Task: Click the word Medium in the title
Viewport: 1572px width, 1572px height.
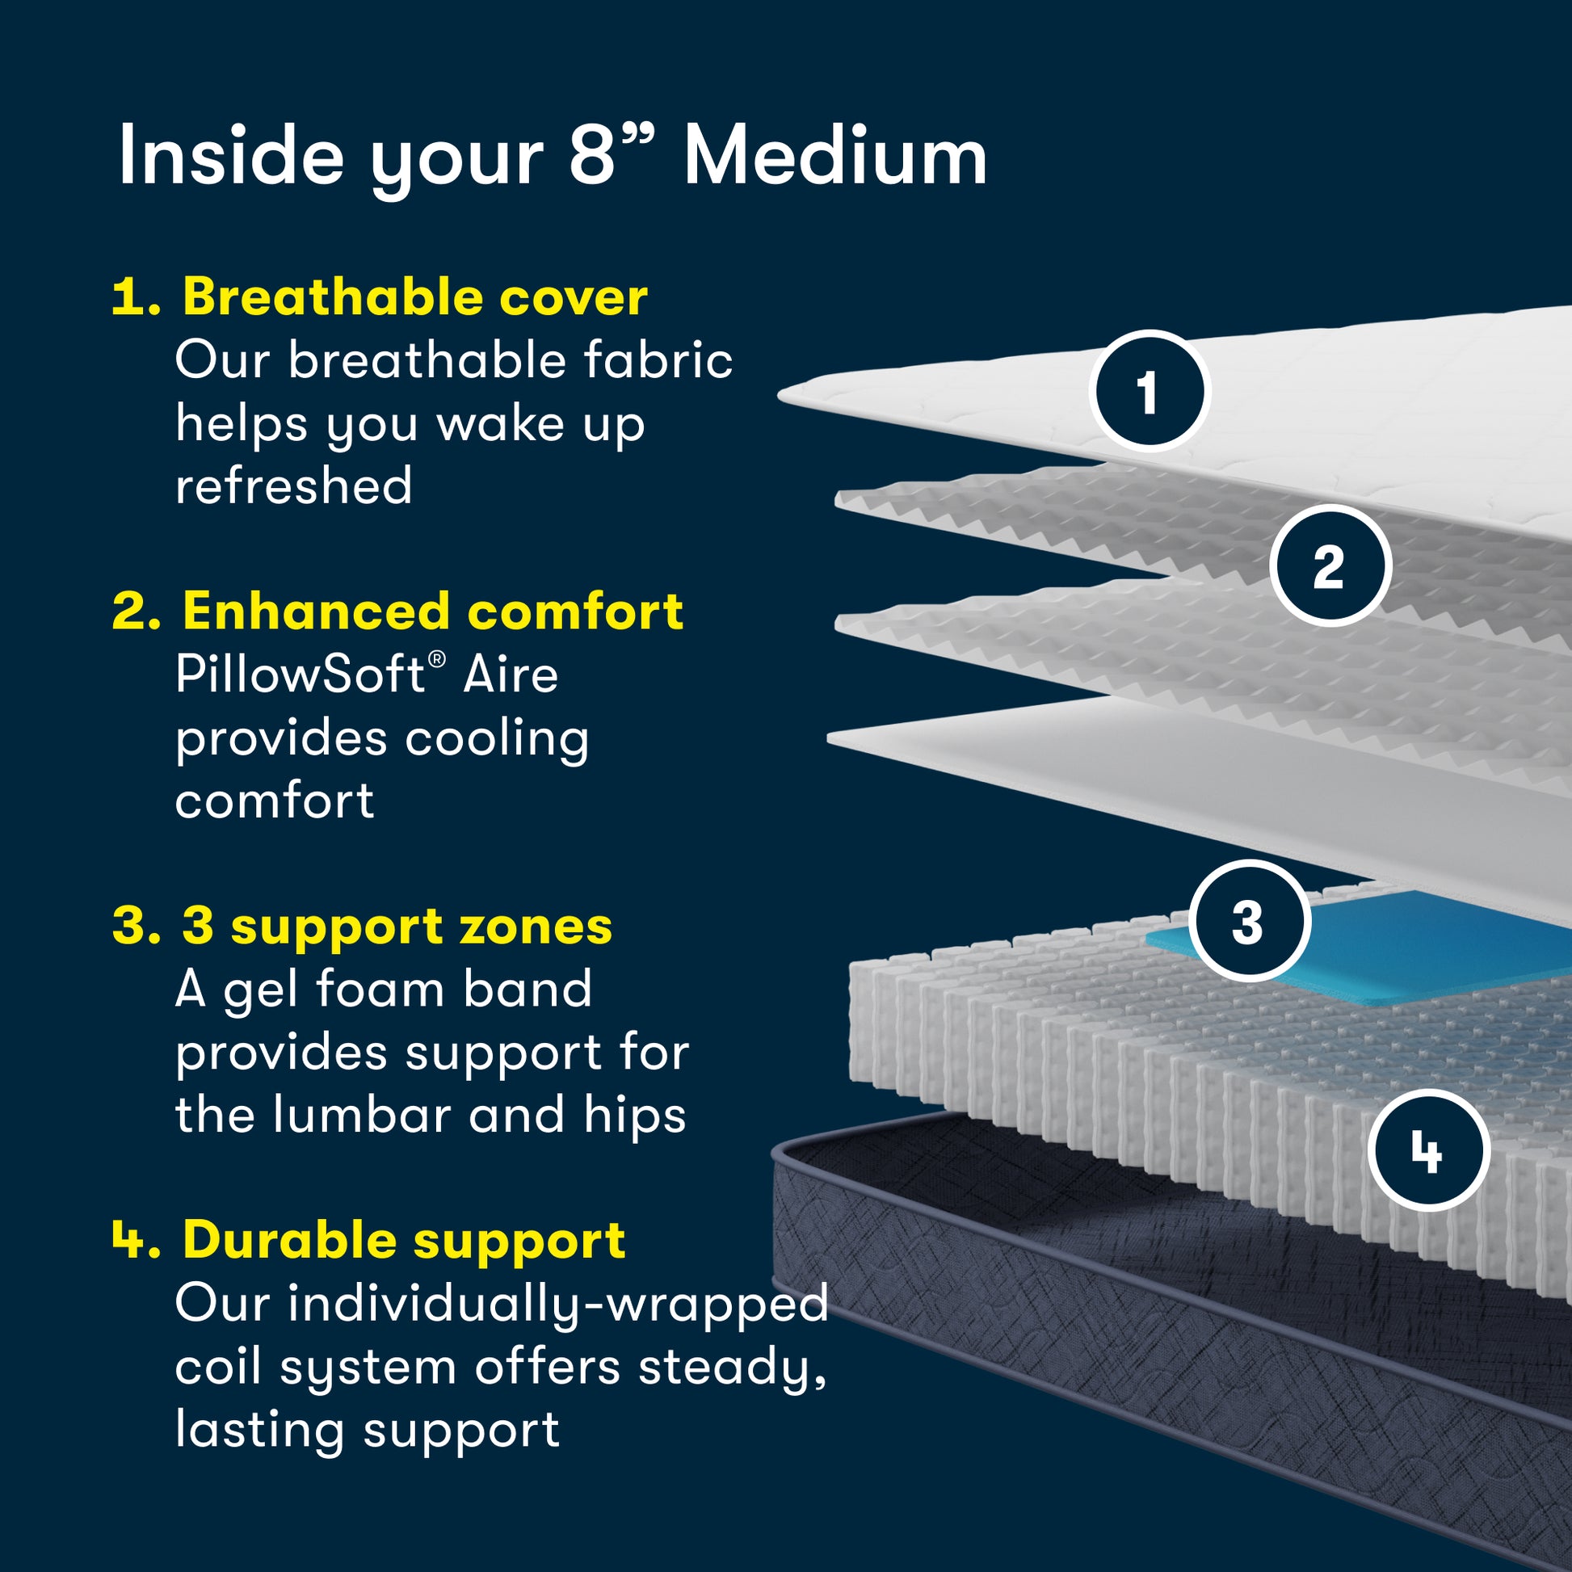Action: click(x=834, y=156)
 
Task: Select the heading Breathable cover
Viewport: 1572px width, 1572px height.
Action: click(x=415, y=297)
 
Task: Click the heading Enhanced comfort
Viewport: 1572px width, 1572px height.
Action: click(x=433, y=611)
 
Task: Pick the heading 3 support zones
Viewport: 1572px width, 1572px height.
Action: click(x=397, y=926)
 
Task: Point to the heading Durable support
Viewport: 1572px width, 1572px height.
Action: click(x=405, y=1240)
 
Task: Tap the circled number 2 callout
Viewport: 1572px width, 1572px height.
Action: click(x=1330, y=565)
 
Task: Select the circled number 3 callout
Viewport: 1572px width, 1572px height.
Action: click(x=1249, y=922)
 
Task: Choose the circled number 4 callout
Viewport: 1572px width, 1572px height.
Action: click(x=1428, y=1151)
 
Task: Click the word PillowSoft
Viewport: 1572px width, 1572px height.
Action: click(x=301, y=675)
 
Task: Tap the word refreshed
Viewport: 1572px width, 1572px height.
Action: click(x=294, y=486)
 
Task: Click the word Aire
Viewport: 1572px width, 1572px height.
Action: click(x=511, y=675)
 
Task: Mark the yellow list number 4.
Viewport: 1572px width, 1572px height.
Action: click(x=134, y=1240)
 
